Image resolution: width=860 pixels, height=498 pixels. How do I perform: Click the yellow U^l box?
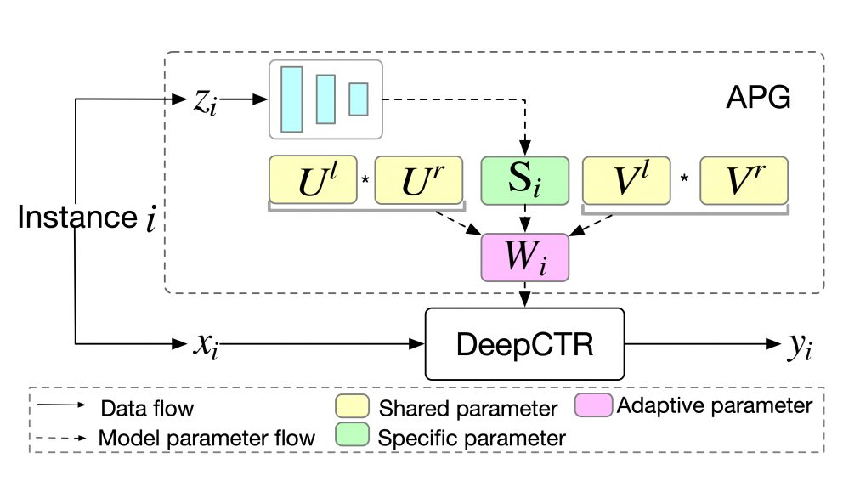coord(314,180)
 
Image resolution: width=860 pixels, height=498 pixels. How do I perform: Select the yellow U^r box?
coord(419,180)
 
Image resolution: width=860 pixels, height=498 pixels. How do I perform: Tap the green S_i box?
coord(525,180)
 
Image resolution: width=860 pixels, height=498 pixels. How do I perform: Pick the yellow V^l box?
coord(626,180)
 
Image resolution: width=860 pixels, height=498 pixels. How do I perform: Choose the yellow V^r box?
coord(744,180)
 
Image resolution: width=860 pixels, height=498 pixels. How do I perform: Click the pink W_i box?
coord(525,257)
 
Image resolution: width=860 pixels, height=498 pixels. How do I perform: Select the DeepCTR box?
coord(525,344)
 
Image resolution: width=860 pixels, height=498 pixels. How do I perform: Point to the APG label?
coord(759,98)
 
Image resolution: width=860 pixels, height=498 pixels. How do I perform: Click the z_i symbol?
coord(205,102)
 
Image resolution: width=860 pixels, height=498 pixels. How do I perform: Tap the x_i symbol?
coord(206,346)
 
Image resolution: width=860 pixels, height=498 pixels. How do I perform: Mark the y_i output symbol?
coord(801,347)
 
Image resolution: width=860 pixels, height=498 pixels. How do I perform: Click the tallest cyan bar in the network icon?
coord(291,99)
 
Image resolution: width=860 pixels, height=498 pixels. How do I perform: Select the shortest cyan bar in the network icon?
coord(359,99)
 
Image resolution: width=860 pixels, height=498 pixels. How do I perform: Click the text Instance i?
coord(87,218)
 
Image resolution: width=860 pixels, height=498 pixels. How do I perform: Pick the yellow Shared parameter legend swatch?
coord(352,406)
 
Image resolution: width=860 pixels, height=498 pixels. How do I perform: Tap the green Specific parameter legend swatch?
coord(352,433)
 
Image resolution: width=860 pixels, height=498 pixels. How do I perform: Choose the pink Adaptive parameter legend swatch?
coord(593,405)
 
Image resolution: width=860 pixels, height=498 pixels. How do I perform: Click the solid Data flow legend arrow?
coord(61,405)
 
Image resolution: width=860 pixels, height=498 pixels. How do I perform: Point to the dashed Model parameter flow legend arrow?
coord(61,438)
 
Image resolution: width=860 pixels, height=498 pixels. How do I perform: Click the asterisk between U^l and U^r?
coord(365,178)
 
